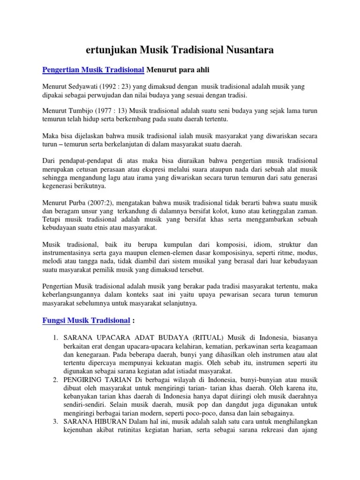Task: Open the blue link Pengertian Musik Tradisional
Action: click(93, 70)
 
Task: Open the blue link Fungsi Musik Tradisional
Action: click(86, 321)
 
